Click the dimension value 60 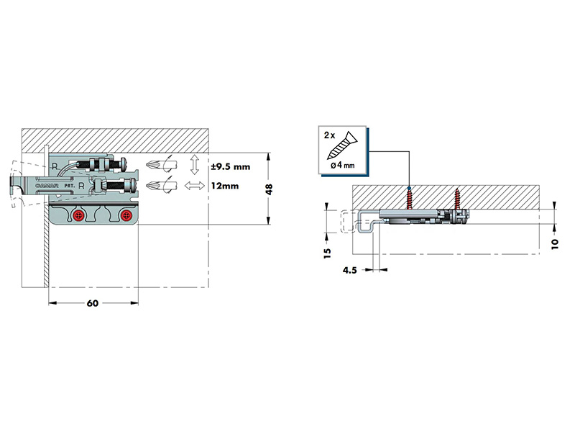point(93,303)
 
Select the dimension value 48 point(269,189)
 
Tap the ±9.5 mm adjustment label point(231,167)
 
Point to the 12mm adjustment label point(225,186)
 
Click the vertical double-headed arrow point(195,165)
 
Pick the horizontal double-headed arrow point(194,186)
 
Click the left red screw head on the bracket point(78,215)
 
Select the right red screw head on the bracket point(126,215)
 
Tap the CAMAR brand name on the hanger point(47,186)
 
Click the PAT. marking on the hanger point(70,186)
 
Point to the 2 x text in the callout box point(329,135)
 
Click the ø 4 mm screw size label point(343,165)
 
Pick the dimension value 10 point(554,244)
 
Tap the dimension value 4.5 point(349,271)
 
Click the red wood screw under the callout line point(409,199)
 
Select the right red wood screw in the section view point(457,199)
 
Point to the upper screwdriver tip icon point(161,164)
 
